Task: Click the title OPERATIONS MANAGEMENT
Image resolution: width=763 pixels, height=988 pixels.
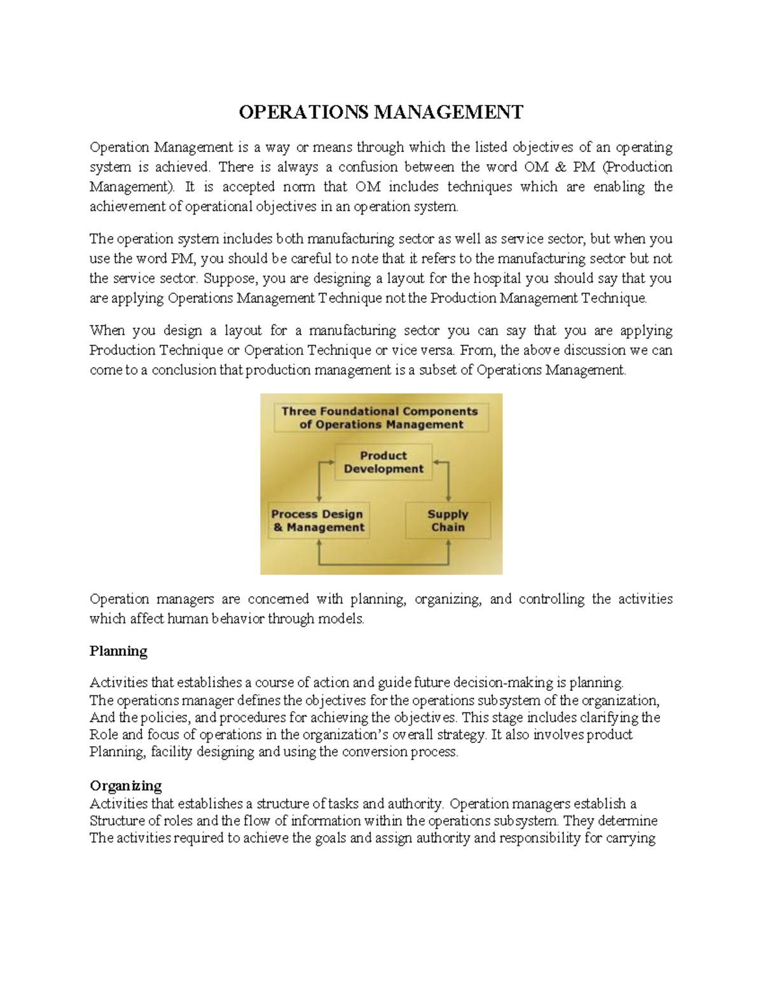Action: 381,113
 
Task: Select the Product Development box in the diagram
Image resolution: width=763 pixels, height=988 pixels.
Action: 383,463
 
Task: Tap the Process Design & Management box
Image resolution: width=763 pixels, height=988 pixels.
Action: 318,520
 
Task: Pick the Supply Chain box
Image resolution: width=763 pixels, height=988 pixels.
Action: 448,520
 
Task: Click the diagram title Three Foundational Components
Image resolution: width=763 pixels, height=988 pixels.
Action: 380,418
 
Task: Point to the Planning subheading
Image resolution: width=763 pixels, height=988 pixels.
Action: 118,651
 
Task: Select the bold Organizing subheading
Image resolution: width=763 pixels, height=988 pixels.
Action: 125,785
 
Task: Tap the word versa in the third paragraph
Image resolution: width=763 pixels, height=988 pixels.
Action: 437,351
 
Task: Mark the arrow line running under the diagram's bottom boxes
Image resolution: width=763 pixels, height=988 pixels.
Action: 384,564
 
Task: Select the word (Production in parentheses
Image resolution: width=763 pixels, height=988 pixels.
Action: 637,167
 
